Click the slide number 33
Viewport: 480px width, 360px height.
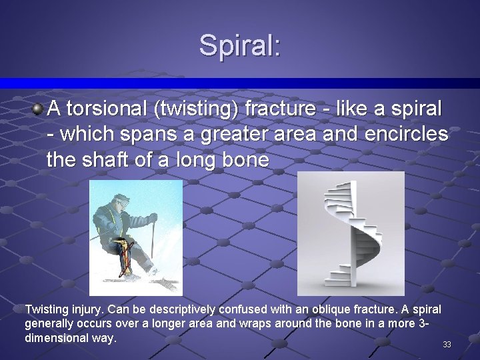click(447, 345)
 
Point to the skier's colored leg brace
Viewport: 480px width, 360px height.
click(122, 257)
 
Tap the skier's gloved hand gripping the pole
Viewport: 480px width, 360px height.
click(153, 218)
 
